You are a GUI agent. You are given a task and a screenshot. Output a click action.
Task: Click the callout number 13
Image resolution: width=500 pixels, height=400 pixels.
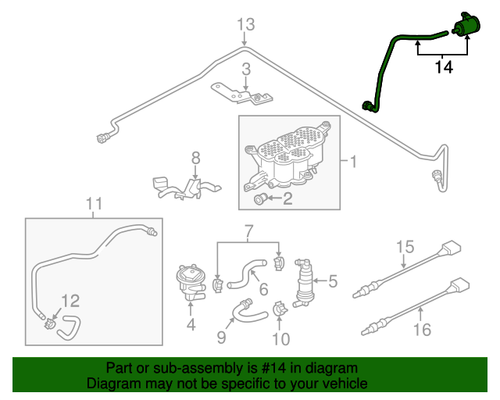[x=246, y=25]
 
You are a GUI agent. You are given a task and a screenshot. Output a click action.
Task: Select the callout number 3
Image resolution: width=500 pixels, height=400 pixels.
[x=245, y=70]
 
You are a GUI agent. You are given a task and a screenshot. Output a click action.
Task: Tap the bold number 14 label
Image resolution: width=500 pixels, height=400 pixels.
[x=443, y=67]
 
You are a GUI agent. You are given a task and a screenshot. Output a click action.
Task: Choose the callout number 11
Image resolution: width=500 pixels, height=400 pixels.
[x=94, y=205]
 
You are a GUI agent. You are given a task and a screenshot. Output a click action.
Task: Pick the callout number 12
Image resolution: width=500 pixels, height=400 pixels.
[x=70, y=300]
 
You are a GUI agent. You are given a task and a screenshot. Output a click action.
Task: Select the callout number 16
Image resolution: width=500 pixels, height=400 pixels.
[x=422, y=330]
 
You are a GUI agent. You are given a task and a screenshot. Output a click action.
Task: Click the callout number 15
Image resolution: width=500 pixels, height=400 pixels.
[x=404, y=248]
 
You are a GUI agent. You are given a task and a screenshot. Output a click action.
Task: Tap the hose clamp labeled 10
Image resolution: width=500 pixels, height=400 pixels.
[x=279, y=312]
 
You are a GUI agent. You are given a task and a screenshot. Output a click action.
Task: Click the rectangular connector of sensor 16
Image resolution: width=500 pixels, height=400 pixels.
[x=459, y=287]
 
